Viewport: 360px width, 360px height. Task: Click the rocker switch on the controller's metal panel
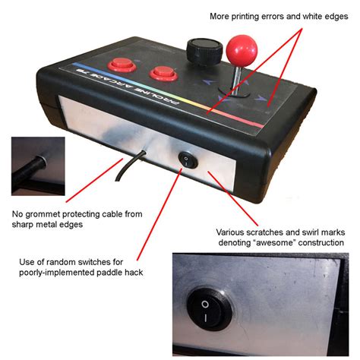click(x=188, y=159)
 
